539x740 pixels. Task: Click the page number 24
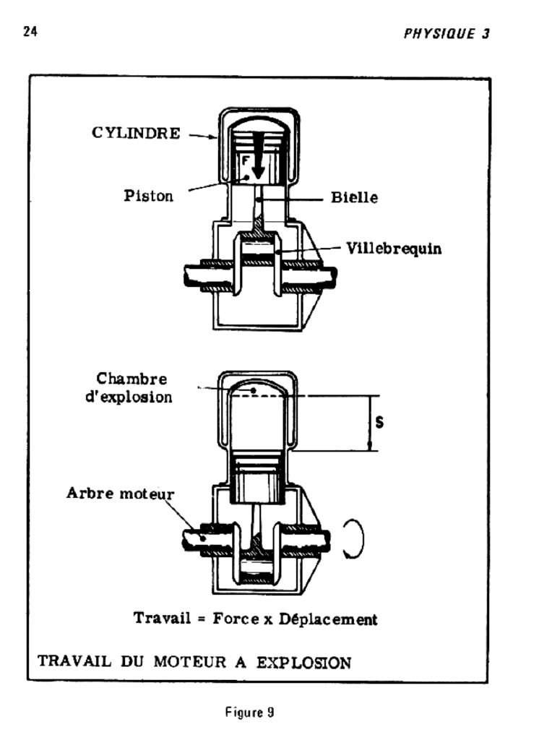click(30, 32)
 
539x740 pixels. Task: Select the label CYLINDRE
click(136, 134)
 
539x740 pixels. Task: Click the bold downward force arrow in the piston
click(258, 166)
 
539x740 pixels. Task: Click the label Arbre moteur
click(120, 494)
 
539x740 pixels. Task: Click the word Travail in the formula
click(159, 619)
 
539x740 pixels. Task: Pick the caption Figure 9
click(250, 712)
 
